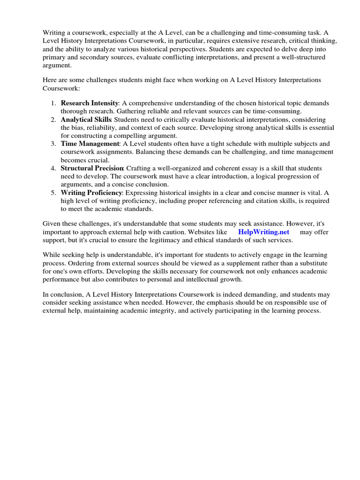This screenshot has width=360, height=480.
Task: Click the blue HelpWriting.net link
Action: click(263, 232)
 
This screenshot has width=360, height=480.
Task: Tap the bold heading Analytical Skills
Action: click(86, 120)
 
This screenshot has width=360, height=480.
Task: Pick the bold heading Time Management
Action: click(90, 143)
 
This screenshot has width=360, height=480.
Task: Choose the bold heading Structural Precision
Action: click(92, 168)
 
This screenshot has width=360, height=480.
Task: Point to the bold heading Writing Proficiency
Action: click(91, 193)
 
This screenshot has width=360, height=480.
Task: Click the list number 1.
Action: click(54, 103)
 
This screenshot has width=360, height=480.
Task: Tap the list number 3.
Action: click(54, 143)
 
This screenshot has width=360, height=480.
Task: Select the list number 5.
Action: click(54, 193)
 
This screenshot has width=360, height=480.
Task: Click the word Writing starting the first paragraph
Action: click(53, 33)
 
